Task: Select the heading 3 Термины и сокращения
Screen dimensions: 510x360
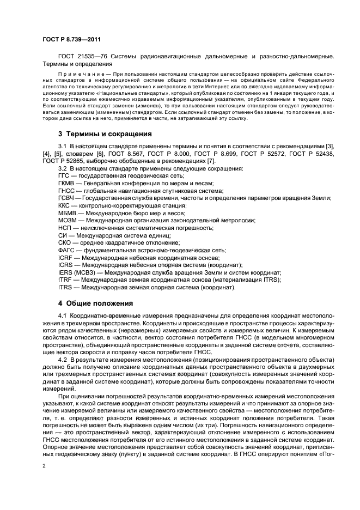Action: (x=97, y=133)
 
